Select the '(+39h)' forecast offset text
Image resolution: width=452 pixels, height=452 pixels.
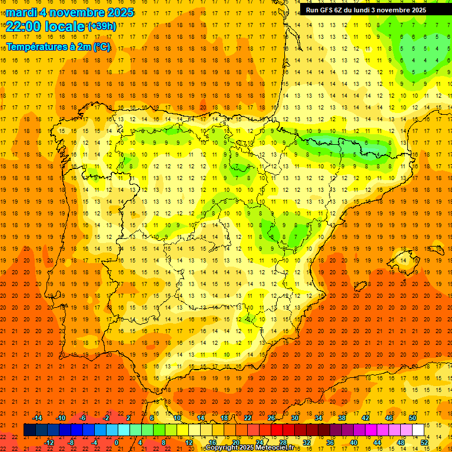pos(102,26)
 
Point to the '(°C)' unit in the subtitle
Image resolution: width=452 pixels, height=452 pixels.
pos(101,46)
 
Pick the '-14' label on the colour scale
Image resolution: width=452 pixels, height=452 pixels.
pos(37,418)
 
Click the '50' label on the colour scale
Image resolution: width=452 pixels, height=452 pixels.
pos(412,418)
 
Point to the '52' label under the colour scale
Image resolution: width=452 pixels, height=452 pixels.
pos(424,443)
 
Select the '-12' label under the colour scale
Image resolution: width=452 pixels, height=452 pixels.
pos(49,443)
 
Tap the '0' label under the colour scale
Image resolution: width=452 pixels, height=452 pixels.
pos(117,443)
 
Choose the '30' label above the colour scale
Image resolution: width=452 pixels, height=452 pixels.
pos(294,418)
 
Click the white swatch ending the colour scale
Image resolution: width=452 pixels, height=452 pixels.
pos(418,430)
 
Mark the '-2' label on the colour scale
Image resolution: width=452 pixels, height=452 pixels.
pos(106,418)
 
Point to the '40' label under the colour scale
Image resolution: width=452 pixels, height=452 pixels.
pos(354,443)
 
